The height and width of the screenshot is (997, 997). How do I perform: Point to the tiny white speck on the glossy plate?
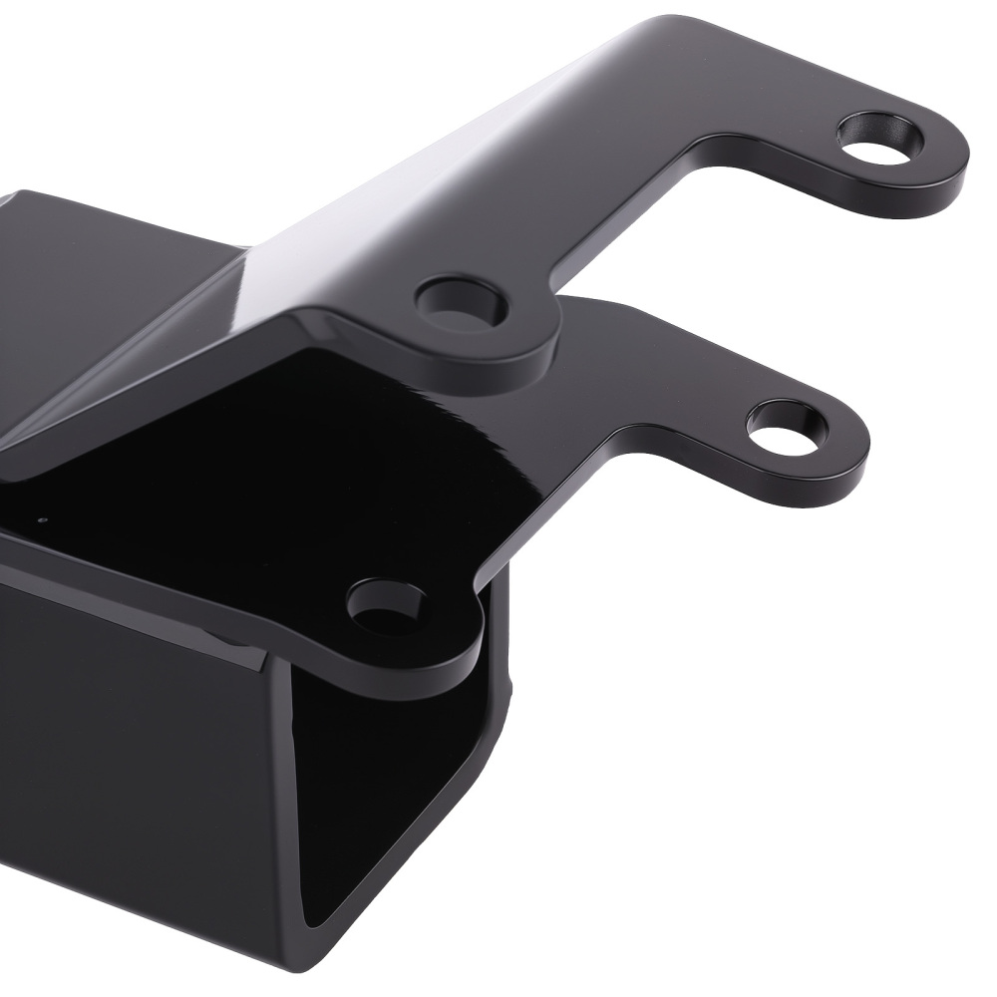(x=41, y=519)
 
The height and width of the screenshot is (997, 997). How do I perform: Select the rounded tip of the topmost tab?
(x=957, y=160)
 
